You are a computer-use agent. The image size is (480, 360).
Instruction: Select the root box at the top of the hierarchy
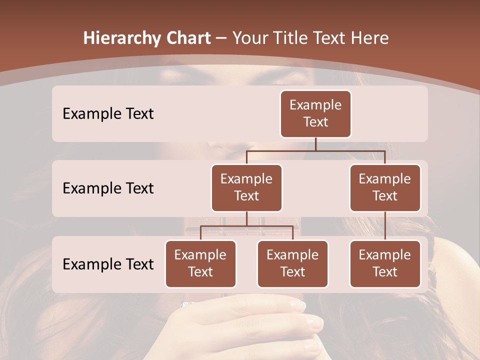click(x=315, y=113)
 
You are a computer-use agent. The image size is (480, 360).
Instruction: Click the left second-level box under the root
click(x=246, y=187)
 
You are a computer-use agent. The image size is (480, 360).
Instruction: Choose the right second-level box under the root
click(x=385, y=187)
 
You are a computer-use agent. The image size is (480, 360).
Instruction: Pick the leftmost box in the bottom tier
click(x=200, y=263)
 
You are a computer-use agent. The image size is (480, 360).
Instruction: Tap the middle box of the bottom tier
click(x=292, y=263)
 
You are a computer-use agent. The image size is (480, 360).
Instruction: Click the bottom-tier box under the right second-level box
click(x=385, y=263)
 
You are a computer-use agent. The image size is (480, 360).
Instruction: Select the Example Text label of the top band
click(x=108, y=113)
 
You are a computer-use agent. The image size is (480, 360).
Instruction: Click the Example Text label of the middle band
click(x=108, y=188)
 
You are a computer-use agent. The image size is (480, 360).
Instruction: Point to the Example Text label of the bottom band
click(x=108, y=264)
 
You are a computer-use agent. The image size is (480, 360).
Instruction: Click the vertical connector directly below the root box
click(x=315, y=144)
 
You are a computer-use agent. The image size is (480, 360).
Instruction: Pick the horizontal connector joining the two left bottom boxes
click(x=246, y=226)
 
